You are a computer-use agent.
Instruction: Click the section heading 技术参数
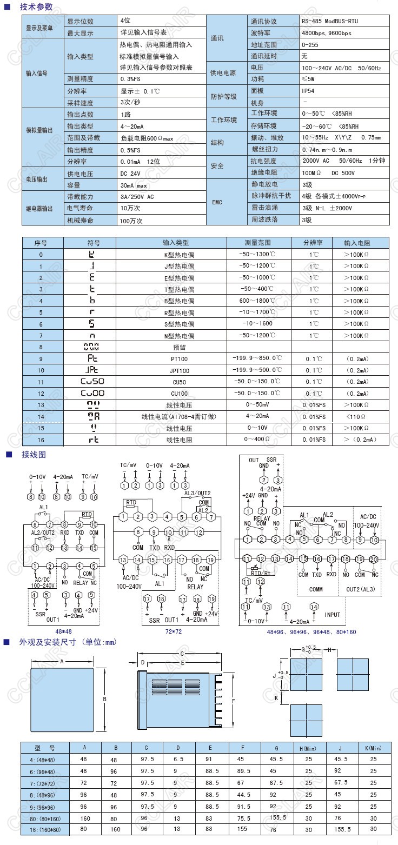[37, 8]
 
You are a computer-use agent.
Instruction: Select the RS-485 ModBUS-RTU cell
[329, 21]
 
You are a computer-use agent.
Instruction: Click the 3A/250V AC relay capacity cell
[137, 196]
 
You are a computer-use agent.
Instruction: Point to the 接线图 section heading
[34, 454]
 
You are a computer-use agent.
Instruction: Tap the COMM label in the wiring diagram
[316, 589]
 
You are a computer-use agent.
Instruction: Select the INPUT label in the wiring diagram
[333, 615]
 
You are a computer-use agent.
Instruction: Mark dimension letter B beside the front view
[104, 698]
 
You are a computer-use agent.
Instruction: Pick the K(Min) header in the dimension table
[373, 748]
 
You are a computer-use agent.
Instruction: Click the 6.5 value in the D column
[178, 760]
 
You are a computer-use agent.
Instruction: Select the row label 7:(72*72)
[45, 783]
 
